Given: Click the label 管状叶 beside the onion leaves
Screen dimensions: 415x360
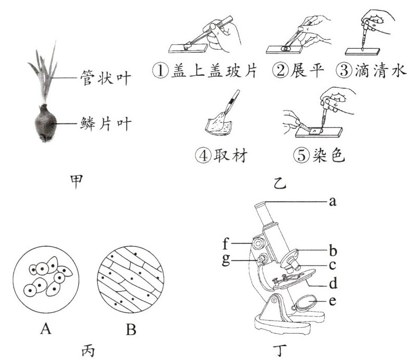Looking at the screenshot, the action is [x=104, y=78].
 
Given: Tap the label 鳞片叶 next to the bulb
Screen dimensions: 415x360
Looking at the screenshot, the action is [x=104, y=123].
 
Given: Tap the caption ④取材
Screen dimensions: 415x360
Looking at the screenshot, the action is [x=221, y=155].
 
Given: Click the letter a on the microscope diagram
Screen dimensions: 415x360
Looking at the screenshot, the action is [x=334, y=201].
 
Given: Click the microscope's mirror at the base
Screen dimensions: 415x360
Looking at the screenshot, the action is [x=306, y=303].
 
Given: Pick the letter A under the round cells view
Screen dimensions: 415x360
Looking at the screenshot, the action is [x=45, y=328].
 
